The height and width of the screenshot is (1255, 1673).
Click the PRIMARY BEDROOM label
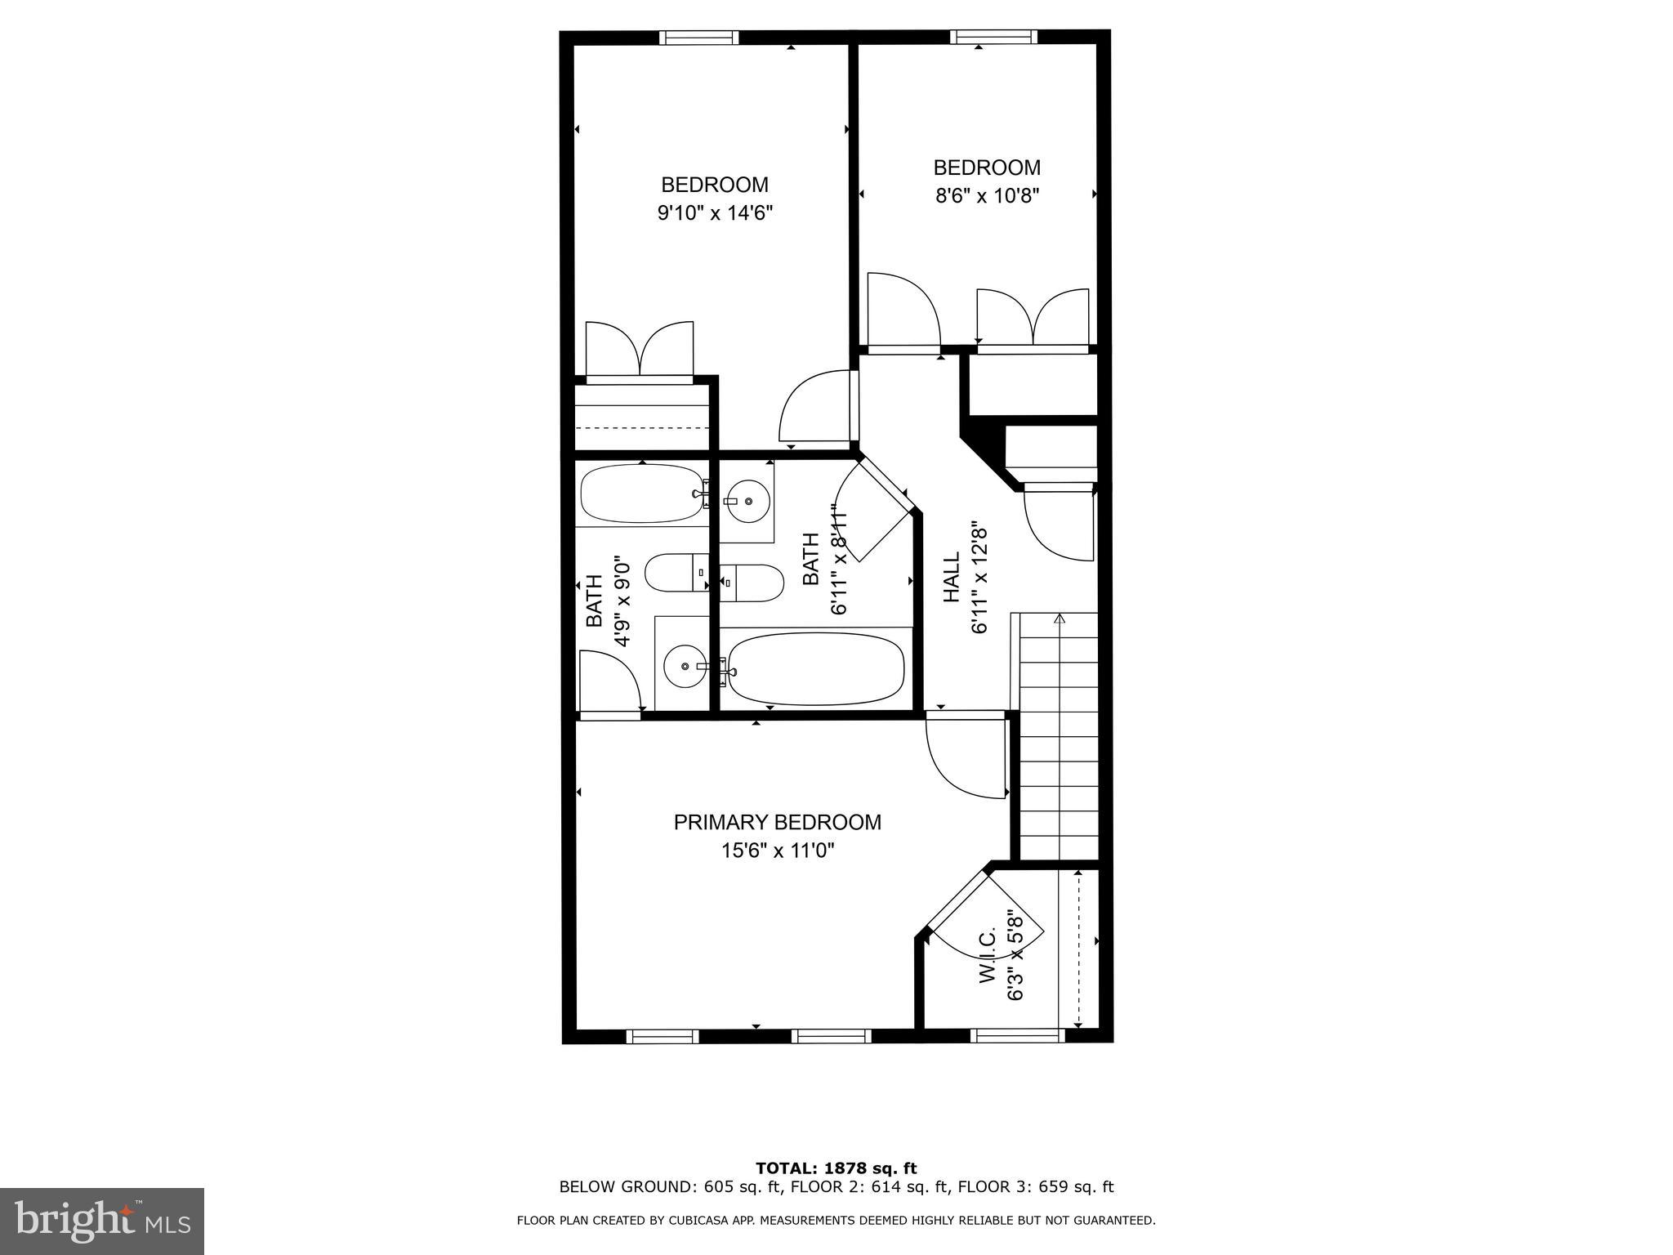click(x=777, y=822)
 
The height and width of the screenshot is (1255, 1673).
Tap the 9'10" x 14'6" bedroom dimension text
click(x=715, y=213)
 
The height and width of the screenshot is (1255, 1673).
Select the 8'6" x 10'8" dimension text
click(x=987, y=196)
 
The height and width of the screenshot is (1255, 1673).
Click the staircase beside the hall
click(x=1059, y=735)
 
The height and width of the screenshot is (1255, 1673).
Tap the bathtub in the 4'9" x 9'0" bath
click(x=640, y=494)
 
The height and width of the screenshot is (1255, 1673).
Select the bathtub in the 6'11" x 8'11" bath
click(x=815, y=670)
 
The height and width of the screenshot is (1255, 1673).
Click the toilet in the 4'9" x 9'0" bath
click(x=675, y=574)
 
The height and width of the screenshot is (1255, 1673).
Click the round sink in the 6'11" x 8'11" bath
click(x=747, y=501)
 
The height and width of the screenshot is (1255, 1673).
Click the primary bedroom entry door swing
click(x=964, y=756)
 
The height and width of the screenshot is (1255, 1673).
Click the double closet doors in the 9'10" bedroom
click(x=640, y=350)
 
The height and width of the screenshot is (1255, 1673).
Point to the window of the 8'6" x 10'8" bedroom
click(x=993, y=37)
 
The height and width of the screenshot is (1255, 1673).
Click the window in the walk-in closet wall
click(x=1018, y=1036)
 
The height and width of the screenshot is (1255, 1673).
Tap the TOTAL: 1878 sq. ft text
click(x=836, y=1168)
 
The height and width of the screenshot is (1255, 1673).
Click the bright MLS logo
click(x=102, y=1222)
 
